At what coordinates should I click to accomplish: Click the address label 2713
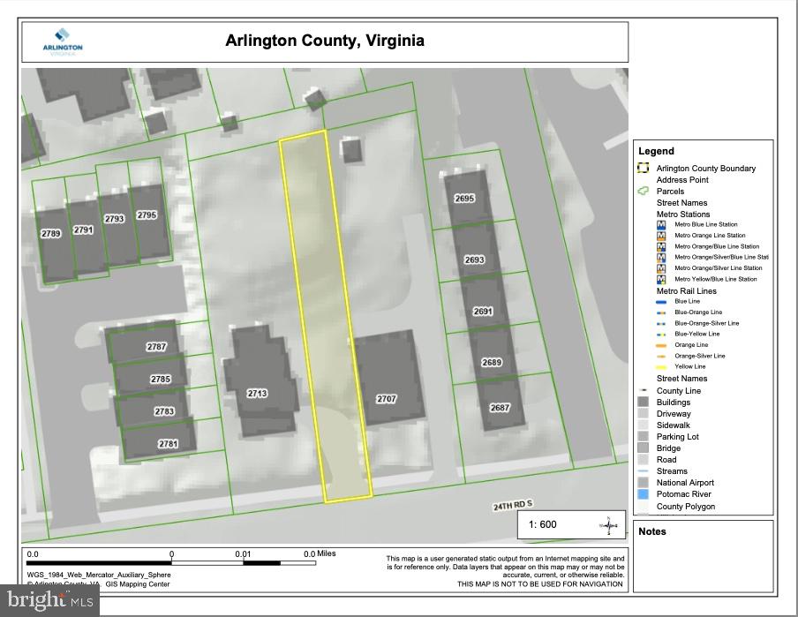click(257, 394)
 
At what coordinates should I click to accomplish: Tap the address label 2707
click(387, 399)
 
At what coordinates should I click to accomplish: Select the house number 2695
click(464, 199)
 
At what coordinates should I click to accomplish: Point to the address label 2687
click(500, 408)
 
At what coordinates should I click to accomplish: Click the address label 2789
click(51, 233)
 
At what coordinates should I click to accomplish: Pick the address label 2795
click(147, 215)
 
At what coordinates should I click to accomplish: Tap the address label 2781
click(168, 444)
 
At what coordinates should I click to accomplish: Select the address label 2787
click(156, 347)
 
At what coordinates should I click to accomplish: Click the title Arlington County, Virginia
click(325, 41)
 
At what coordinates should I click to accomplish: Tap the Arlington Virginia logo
click(63, 44)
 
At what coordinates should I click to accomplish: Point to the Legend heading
click(656, 151)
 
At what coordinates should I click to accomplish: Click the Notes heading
click(652, 531)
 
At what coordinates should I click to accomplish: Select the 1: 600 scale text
click(543, 524)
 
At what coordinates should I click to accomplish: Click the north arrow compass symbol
click(609, 525)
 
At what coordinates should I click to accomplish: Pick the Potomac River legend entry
click(683, 494)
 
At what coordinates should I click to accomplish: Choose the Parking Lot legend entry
click(677, 436)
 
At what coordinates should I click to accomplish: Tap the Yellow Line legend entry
click(689, 366)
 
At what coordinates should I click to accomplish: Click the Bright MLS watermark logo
click(49, 600)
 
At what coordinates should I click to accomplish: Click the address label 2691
click(483, 312)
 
